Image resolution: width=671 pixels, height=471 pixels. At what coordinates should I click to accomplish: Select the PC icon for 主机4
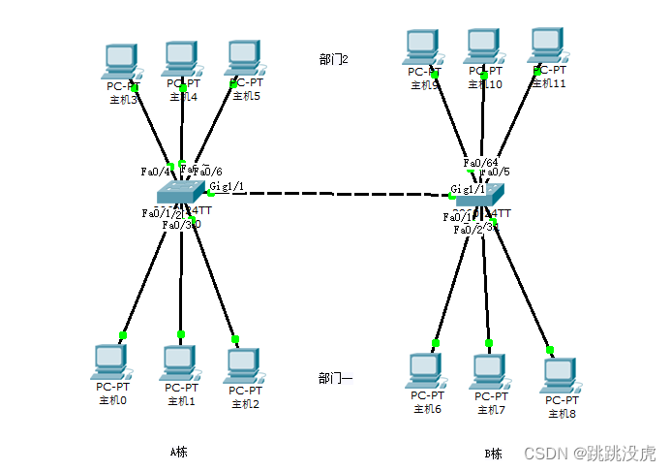[x=181, y=59]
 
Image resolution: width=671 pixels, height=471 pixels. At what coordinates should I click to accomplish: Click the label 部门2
[x=333, y=59]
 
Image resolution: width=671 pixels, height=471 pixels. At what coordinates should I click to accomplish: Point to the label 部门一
[x=335, y=379]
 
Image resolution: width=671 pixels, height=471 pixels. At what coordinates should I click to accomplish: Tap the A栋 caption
[x=178, y=452]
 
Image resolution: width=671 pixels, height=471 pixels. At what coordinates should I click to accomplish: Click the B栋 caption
[x=494, y=454]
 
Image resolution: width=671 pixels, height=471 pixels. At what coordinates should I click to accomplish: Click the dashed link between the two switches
[x=329, y=194]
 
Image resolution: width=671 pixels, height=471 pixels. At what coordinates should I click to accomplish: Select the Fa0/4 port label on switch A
[x=155, y=172]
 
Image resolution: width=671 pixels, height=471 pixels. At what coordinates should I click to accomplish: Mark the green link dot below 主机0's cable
[x=123, y=335]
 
